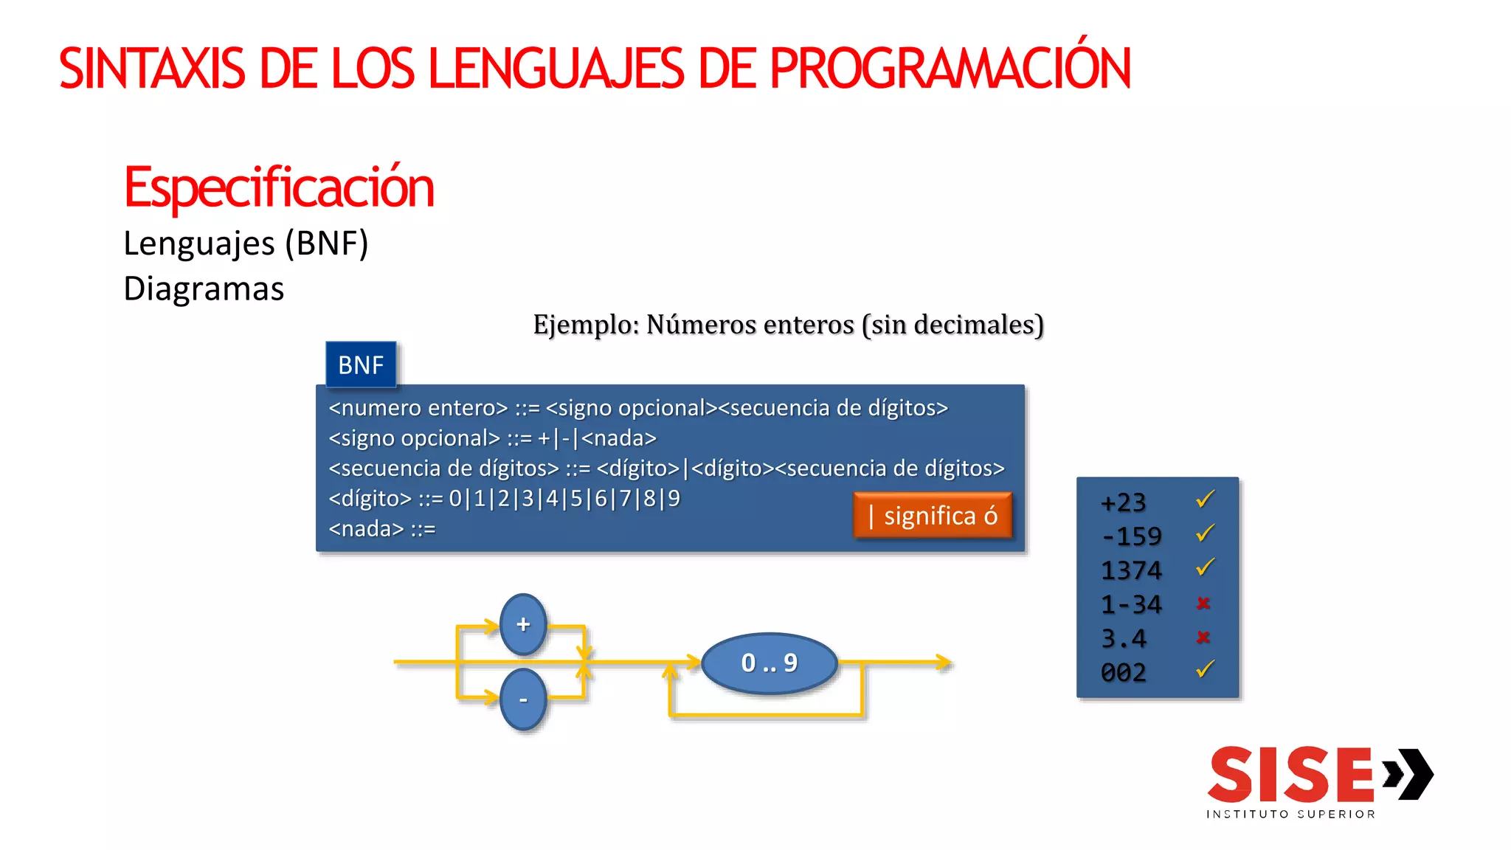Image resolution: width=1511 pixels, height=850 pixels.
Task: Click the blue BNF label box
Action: tap(361, 364)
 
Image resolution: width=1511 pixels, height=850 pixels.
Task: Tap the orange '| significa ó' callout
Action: tap(933, 515)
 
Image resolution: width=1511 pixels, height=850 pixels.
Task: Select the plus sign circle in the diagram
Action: tap(523, 624)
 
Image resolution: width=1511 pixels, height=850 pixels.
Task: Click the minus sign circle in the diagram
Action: tap(523, 699)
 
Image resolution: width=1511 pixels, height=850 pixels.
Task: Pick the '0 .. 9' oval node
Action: tap(769, 663)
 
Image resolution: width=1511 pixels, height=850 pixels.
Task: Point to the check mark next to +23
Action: tap(1205, 500)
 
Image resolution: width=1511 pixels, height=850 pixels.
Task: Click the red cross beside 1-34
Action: tap(1203, 604)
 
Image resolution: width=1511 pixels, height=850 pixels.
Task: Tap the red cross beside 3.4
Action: tap(1203, 637)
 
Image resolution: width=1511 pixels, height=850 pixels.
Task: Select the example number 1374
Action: tap(1131, 570)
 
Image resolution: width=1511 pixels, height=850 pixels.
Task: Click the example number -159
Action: tap(1131, 536)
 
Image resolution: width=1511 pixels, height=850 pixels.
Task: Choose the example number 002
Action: tap(1124, 672)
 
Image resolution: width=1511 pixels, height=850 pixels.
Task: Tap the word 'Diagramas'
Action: tap(204, 288)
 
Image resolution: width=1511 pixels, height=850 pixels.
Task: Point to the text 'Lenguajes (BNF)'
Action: tap(246, 243)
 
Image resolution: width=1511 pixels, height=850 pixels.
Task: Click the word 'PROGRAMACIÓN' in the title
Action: tap(950, 69)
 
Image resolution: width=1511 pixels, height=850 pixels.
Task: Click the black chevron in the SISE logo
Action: tap(1409, 774)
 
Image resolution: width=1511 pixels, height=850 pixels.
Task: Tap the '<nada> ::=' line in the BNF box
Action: tap(382, 529)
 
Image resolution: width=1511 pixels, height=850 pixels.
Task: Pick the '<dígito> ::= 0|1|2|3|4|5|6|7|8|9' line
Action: tap(505, 499)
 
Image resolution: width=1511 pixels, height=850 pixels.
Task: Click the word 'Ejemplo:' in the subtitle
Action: tap(586, 325)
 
